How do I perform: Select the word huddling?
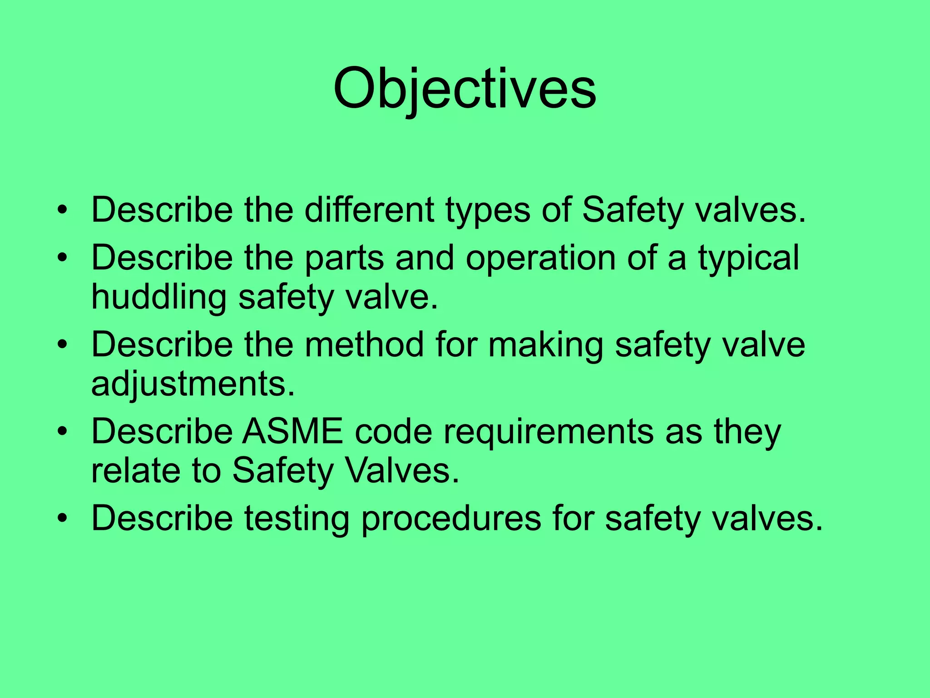point(158,298)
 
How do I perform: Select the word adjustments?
point(193,384)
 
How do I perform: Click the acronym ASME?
point(292,431)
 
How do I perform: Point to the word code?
point(393,431)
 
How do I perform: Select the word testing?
point(297,519)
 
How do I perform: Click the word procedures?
point(451,519)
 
